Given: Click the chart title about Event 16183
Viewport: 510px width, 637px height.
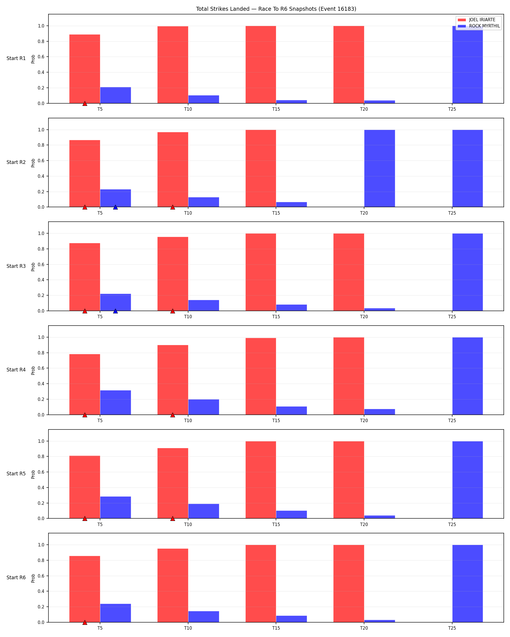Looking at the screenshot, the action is tap(276, 9).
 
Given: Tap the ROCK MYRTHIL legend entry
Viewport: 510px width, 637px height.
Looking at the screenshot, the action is tap(479, 26).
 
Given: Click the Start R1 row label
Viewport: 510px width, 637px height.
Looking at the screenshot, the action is tap(16, 59).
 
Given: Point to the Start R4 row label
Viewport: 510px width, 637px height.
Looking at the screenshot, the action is tap(16, 370).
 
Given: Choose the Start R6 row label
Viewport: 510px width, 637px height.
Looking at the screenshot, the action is tap(16, 578).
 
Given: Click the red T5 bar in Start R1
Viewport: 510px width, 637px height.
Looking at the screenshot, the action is tap(84, 69).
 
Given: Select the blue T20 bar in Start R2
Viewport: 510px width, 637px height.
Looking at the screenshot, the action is tap(379, 168).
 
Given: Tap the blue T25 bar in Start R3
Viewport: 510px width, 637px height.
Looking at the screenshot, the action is tap(467, 272).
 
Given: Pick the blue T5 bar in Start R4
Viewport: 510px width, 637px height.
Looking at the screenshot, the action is tap(115, 403).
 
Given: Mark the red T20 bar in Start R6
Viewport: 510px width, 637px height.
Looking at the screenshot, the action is tap(348, 583).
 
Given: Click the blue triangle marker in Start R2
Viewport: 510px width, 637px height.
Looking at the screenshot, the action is tap(115, 208).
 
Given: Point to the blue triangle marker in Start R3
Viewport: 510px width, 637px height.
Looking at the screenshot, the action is tap(115, 311).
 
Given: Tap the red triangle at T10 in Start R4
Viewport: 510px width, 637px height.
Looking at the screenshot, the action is tap(173, 415).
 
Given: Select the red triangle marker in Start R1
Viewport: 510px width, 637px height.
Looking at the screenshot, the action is tap(84, 104).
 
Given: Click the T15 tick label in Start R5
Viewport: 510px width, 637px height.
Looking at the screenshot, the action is tap(276, 524).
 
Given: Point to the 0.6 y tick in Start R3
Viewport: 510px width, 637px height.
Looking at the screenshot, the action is tap(41, 265).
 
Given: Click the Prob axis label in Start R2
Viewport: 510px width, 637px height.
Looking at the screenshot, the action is tap(33, 163).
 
